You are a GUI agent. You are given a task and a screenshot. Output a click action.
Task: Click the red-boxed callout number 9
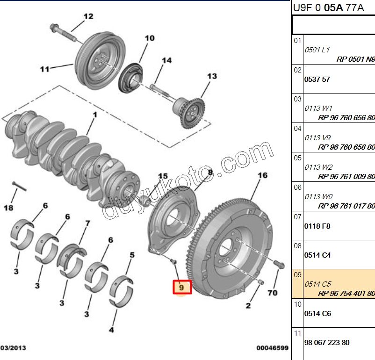pos(181,287)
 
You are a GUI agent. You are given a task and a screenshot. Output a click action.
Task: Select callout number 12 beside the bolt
pos(88,17)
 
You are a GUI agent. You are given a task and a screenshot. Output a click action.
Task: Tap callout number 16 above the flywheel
pos(262,175)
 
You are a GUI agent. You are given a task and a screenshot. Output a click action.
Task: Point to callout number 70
pos(272,293)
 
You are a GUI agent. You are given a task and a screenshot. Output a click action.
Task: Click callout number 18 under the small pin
pos(8,208)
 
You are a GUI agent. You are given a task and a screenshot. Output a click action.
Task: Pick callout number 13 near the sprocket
pos(212,76)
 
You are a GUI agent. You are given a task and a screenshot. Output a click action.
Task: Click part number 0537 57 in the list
pos(317,79)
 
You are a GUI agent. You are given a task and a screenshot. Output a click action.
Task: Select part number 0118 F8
pos(317,226)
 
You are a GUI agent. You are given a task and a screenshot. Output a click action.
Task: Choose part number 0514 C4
pos(317,255)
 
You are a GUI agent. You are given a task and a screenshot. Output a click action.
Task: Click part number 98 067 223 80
pos(326,342)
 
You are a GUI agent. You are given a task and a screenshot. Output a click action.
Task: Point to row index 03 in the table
pos(297,99)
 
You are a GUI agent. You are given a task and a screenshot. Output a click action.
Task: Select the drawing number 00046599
pos(272,348)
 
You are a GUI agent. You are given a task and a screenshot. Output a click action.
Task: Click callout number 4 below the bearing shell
pos(111,330)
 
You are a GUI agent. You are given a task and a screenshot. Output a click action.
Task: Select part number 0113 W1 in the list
pos(318,108)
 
